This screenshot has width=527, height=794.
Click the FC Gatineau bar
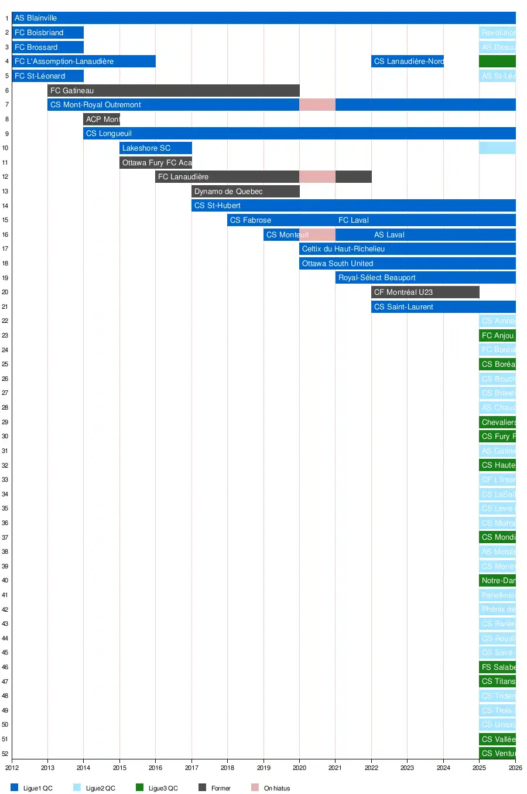pyautogui.click(x=173, y=90)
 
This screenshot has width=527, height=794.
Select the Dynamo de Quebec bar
pyautogui.click(x=245, y=191)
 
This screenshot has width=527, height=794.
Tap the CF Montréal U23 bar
pyautogui.click(x=425, y=292)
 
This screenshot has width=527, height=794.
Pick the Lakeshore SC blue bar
pyautogui.click(x=156, y=148)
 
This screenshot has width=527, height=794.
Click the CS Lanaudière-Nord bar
pyautogui.click(x=408, y=61)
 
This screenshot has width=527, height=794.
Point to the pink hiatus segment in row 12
pyautogui.click(x=317, y=176)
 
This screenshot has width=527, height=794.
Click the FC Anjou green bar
pyautogui.click(x=497, y=335)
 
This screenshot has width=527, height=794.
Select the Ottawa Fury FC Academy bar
pyautogui.click(x=156, y=162)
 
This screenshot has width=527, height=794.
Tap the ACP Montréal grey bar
pyautogui.click(x=101, y=119)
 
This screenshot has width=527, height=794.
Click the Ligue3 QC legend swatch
pyautogui.click(x=139, y=788)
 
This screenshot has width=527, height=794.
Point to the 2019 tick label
pyautogui.click(x=263, y=768)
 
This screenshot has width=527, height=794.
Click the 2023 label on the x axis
pyautogui.click(x=407, y=768)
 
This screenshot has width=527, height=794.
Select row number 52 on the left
pyautogui.click(x=5, y=754)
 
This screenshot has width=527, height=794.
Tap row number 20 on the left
pyautogui.click(x=5, y=292)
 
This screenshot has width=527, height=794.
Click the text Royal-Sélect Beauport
pyautogui.click(x=377, y=278)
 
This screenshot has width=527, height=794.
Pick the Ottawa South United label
pyautogui.click(x=337, y=263)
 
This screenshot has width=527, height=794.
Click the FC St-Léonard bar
pyautogui.click(x=47, y=76)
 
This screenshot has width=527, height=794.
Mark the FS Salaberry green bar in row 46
pyautogui.click(x=497, y=667)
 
